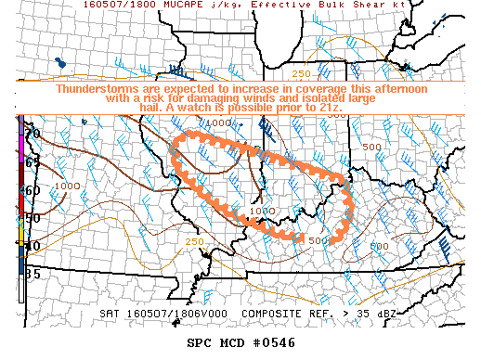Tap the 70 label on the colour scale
[32, 135]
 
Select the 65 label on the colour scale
[32, 162]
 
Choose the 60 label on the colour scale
[32, 190]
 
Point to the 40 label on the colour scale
[32, 246]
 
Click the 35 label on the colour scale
[32, 274]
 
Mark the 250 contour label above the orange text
[303, 74]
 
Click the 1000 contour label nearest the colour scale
[68, 186]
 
